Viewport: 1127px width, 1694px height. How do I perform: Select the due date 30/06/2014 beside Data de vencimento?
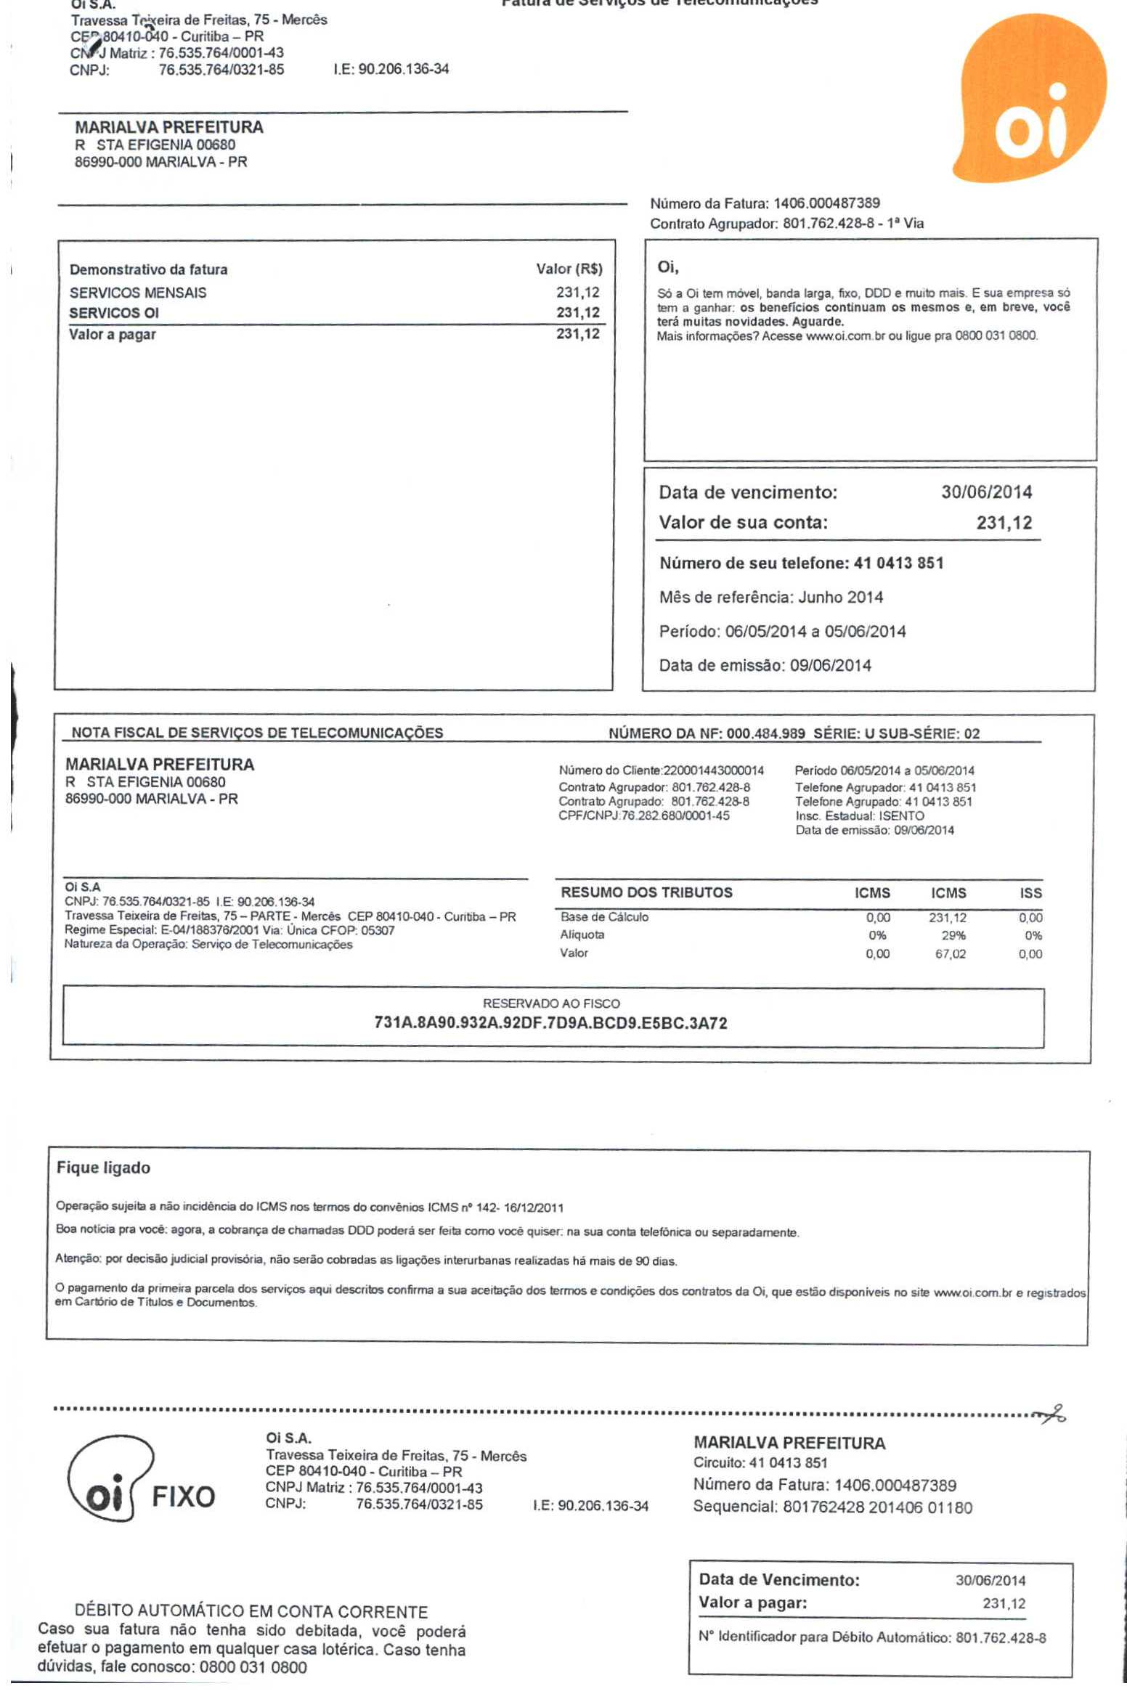coord(986,492)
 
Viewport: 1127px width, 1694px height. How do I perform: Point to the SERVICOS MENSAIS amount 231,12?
coord(578,293)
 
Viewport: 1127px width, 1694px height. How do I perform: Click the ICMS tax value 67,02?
coord(950,954)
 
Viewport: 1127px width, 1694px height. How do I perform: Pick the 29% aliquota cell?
coord(954,936)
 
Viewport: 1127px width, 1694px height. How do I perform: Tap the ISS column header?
coord(1030,893)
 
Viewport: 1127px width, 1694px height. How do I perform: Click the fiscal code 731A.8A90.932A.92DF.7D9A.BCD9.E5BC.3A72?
coord(550,1024)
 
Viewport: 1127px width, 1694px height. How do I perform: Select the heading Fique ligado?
coord(103,1168)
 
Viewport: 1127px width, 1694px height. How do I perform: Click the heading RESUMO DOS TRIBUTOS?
coord(646,893)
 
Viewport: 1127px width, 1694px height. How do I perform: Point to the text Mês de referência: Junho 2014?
coord(770,598)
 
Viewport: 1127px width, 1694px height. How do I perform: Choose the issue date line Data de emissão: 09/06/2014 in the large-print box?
coord(765,665)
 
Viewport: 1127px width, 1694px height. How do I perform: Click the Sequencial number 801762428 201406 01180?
coord(876,1507)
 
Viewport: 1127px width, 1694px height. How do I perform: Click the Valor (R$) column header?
coord(569,269)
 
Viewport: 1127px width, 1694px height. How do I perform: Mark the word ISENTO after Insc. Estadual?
coord(901,816)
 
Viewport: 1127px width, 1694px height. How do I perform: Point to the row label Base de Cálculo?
coord(604,917)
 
